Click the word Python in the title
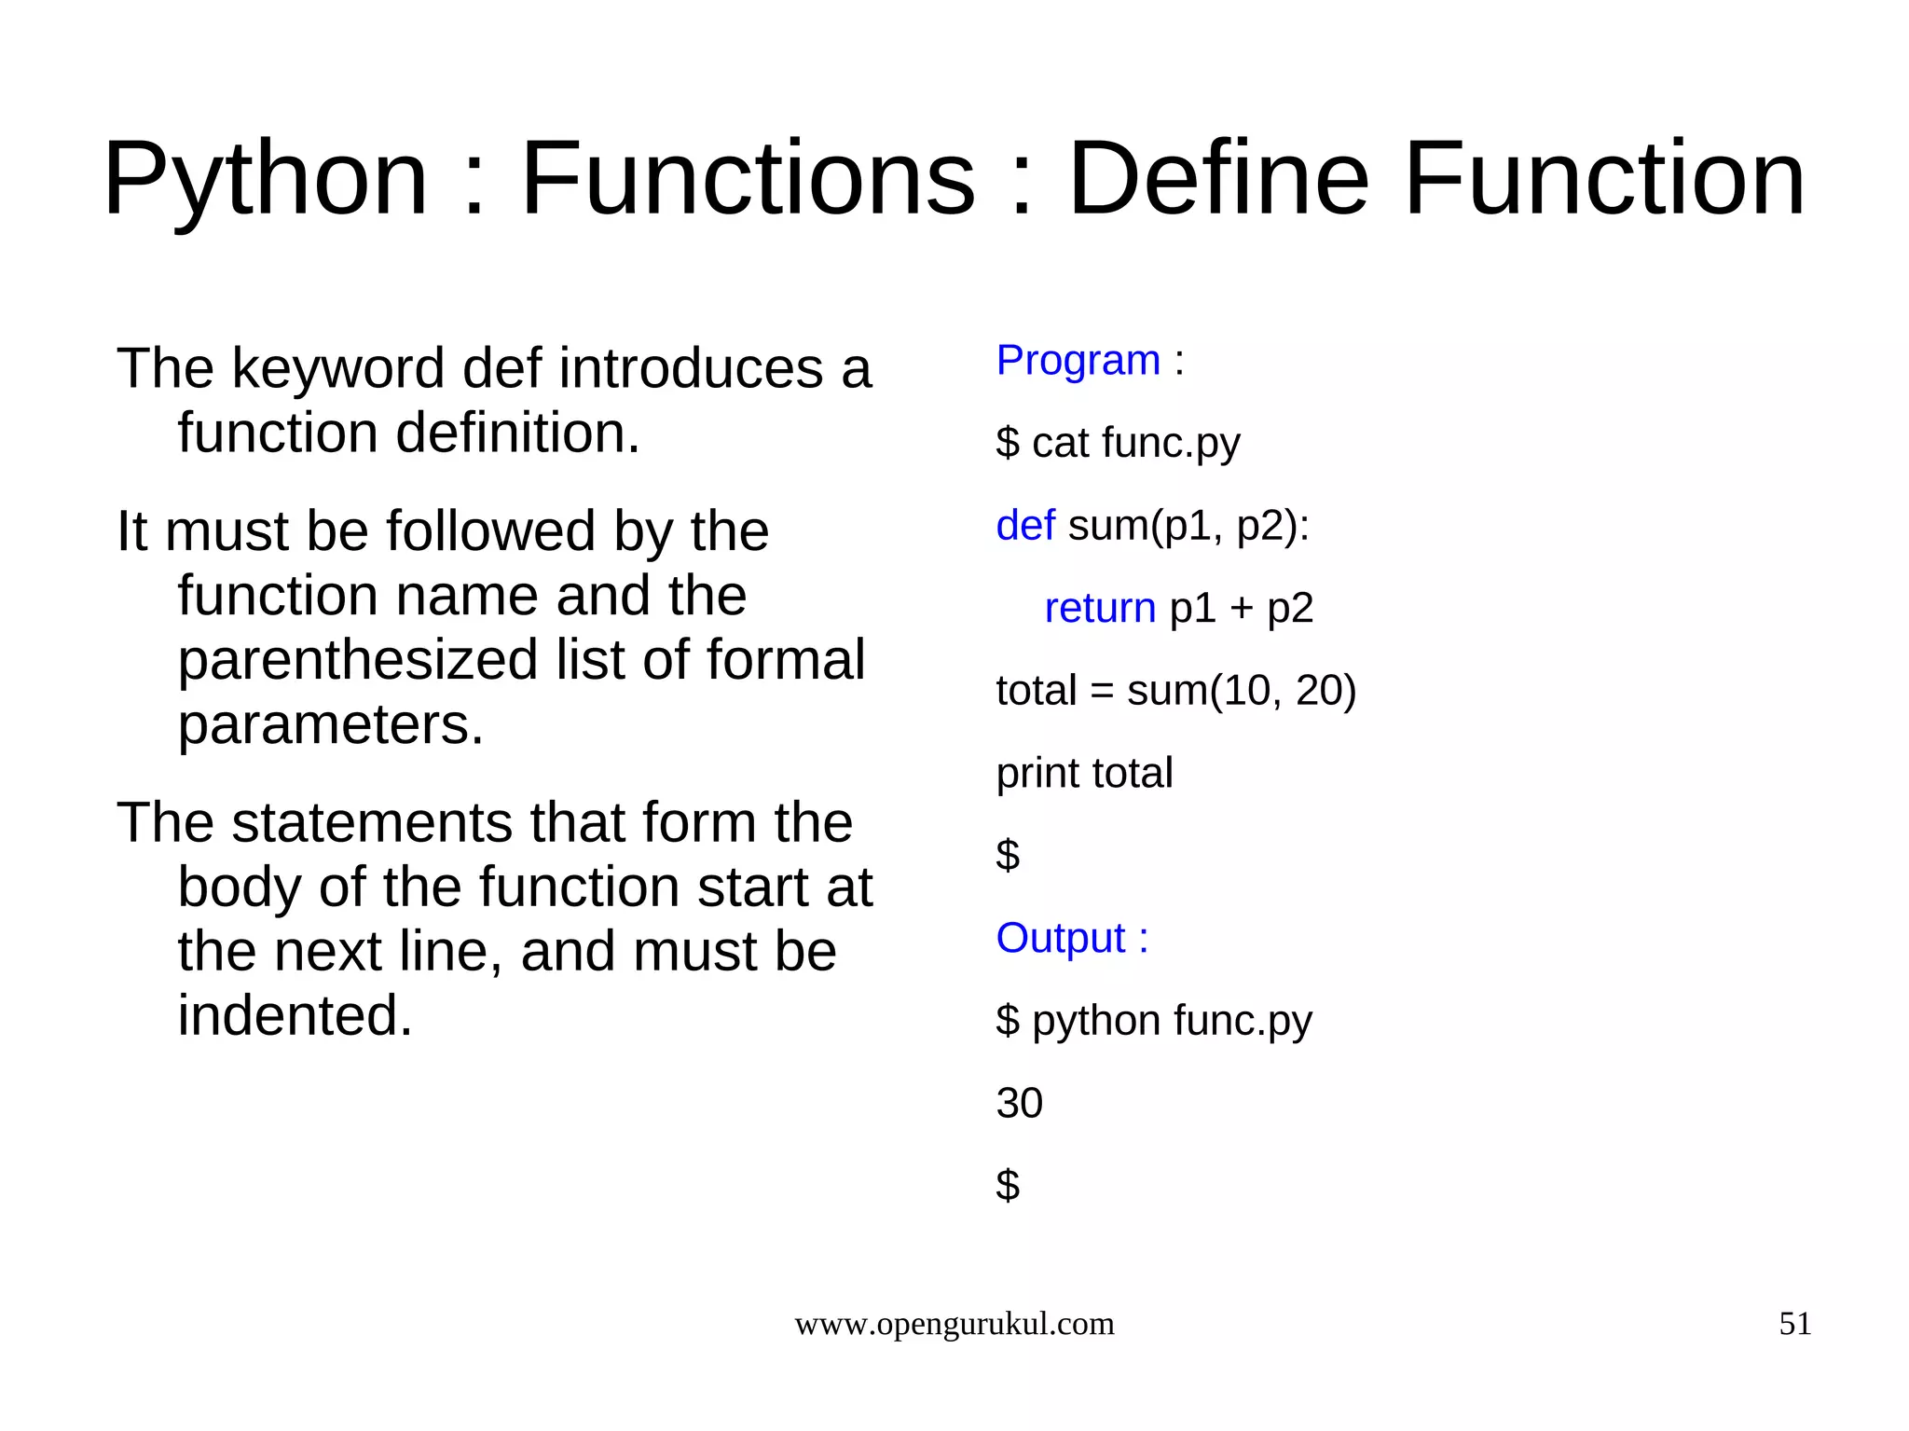[x=266, y=179]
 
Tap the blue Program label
[x=1078, y=360]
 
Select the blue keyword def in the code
[x=1024, y=525]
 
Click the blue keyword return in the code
[x=1099, y=608]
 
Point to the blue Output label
[x=1061, y=938]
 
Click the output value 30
[x=1019, y=1103]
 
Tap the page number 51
[x=1794, y=1324]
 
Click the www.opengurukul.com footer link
[x=954, y=1324]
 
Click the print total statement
[x=1084, y=773]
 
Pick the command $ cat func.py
[x=1118, y=443]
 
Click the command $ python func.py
[x=1153, y=1021]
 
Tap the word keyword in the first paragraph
[x=340, y=369]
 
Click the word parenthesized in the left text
[x=358, y=660]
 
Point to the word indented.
[x=295, y=1015]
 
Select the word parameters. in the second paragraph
[x=331, y=724]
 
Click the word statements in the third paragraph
[x=372, y=822]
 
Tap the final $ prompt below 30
[x=1008, y=1186]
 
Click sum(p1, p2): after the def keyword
[x=1188, y=526]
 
